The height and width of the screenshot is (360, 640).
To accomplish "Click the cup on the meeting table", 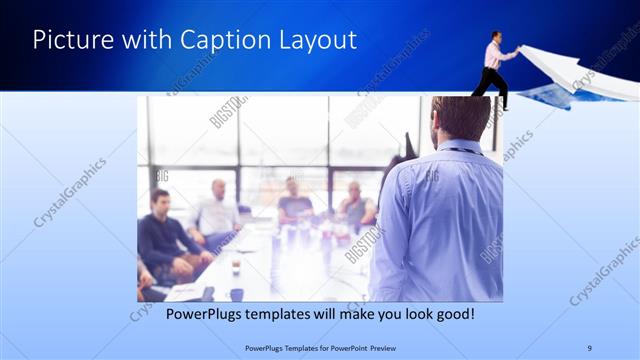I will tap(236, 265).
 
